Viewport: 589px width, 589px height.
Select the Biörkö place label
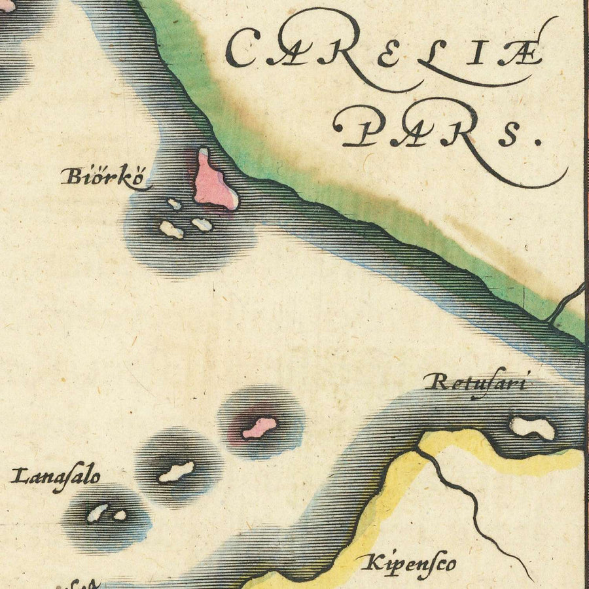coord(101,177)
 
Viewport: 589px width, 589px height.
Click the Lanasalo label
coord(56,476)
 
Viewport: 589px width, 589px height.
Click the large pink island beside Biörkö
coord(213,183)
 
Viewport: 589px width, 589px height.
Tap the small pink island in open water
coord(259,429)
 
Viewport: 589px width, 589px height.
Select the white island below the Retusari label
coord(532,428)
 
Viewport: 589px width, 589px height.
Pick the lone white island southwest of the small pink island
coord(176,472)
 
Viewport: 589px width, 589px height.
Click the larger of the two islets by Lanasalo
coord(98,512)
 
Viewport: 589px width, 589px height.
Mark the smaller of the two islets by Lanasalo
coord(119,515)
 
